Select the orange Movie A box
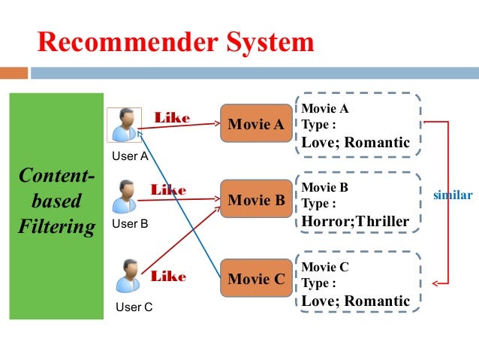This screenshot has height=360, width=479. (x=256, y=123)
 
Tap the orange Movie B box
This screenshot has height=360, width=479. (x=256, y=200)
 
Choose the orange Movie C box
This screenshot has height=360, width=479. (x=256, y=279)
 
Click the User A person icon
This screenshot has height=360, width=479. (x=124, y=125)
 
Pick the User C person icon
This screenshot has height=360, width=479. (x=128, y=276)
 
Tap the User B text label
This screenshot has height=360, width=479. (x=130, y=224)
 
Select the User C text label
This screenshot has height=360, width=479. (x=134, y=307)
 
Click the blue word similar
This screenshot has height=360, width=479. (x=453, y=195)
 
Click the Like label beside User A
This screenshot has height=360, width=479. (x=172, y=118)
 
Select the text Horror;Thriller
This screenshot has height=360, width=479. (x=355, y=221)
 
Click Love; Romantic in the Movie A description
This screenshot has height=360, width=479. (x=355, y=142)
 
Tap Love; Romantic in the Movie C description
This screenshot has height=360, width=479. (x=355, y=301)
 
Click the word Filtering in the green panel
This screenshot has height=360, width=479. (x=57, y=226)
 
